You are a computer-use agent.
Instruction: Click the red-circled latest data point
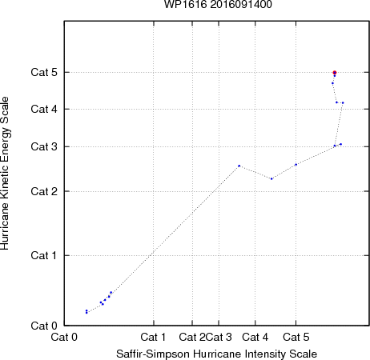(x=335, y=73)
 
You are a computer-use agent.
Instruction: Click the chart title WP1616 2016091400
(x=218, y=4)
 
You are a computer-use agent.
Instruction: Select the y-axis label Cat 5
(x=44, y=72)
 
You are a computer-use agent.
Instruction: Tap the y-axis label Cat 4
(x=44, y=109)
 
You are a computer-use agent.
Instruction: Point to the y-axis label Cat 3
(x=44, y=146)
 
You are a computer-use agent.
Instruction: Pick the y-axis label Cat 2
(x=44, y=191)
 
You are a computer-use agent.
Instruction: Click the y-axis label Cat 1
(x=44, y=255)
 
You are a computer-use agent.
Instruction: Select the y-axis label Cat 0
(x=44, y=326)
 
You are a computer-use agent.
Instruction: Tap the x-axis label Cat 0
(x=64, y=337)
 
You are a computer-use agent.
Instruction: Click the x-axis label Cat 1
(x=153, y=337)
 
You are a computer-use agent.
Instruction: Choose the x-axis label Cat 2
(x=192, y=337)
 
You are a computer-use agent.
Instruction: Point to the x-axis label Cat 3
(x=219, y=337)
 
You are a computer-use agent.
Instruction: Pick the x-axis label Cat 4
(x=255, y=337)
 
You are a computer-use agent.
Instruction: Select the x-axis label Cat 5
(x=296, y=337)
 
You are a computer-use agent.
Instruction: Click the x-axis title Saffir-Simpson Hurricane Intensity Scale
(x=217, y=354)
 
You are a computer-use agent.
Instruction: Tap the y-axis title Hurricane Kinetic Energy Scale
(x=5, y=173)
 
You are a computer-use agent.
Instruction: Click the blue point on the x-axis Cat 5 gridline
(x=296, y=165)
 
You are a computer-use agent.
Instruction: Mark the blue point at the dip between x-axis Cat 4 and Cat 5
(x=271, y=178)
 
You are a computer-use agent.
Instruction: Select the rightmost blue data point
(x=343, y=102)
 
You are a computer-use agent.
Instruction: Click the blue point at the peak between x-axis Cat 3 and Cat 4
(x=239, y=166)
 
